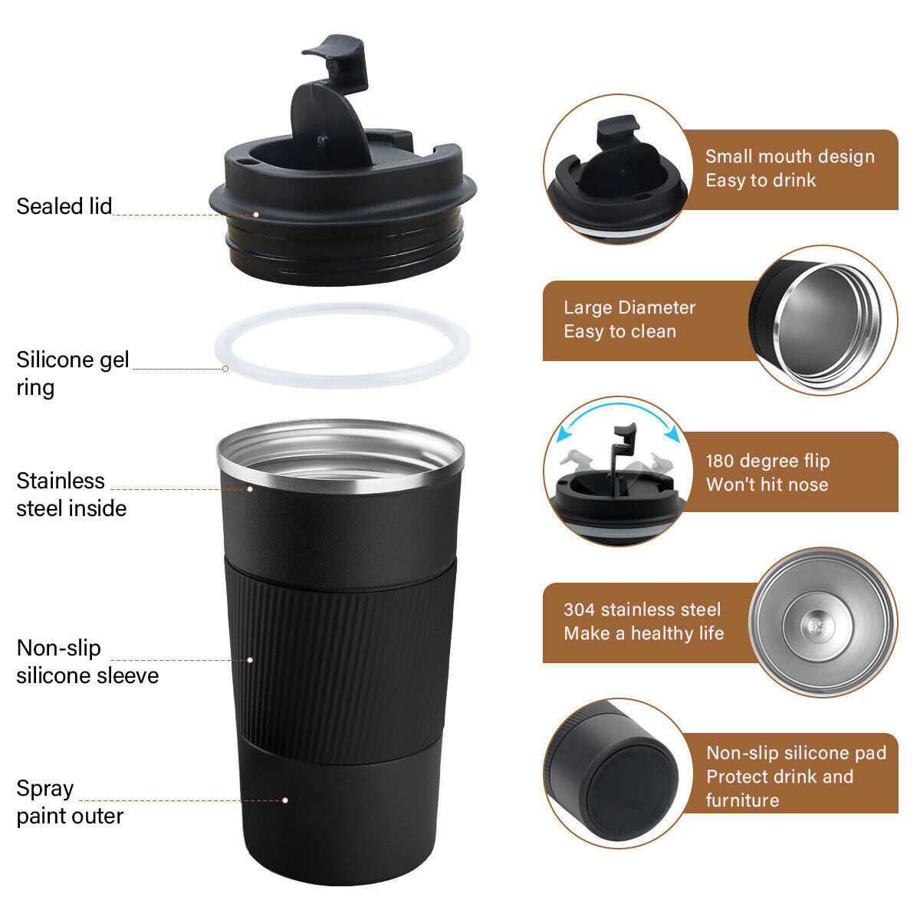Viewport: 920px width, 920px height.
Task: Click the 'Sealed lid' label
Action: [64, 206]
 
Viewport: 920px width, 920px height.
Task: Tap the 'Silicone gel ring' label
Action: [73, 373]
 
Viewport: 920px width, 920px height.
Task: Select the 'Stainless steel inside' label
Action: [71, 495]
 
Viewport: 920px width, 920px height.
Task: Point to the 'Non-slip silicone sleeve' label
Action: [87, 662]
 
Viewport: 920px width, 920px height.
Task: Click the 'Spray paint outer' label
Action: [70, 802]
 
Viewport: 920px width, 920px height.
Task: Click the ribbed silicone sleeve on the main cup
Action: [340, 659]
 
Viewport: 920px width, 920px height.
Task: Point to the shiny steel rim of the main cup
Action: [340, 475]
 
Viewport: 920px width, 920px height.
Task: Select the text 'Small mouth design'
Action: [790, 156]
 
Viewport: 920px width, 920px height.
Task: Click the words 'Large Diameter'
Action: [629, 307]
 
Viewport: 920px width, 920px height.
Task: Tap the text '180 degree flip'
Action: [767, 461]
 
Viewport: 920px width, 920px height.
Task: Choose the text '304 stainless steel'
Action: [642, 609]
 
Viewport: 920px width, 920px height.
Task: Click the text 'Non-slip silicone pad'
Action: [796, 753]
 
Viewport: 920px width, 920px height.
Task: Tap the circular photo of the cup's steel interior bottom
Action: [822, 622]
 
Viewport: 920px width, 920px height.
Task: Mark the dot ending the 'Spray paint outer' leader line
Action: [285, 800]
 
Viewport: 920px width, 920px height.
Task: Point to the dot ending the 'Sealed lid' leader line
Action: [256, 215]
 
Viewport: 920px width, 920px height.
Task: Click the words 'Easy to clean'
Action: [619, 332]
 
